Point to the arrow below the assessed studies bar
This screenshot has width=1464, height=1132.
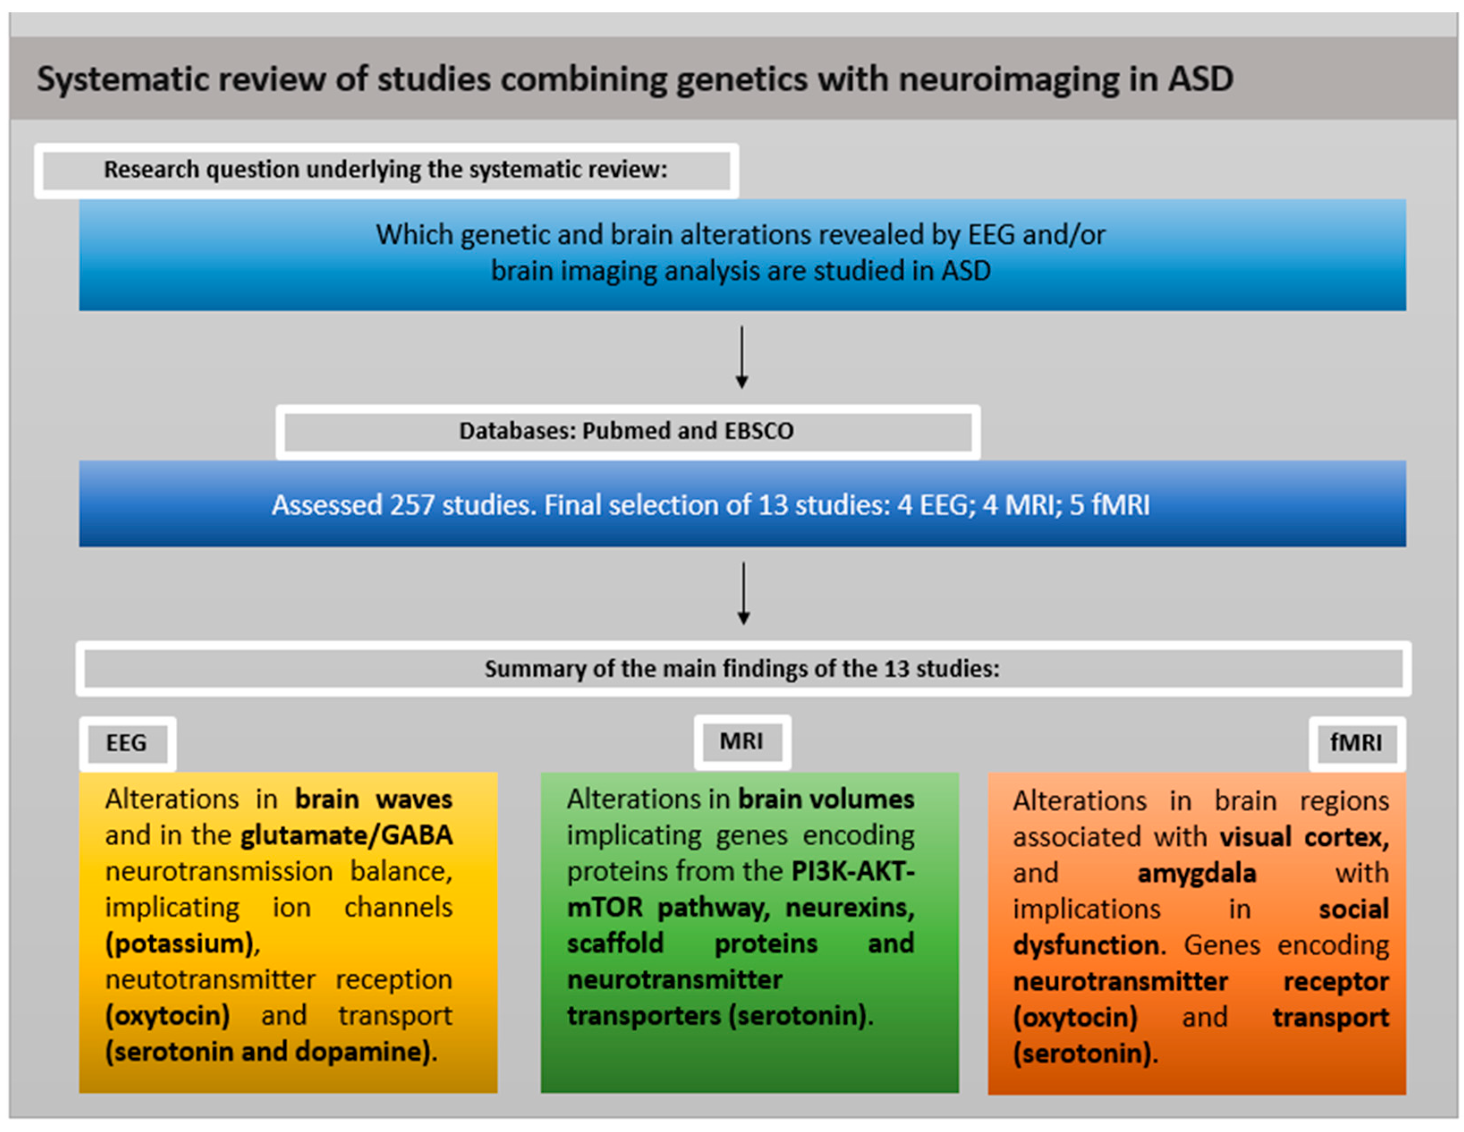point(743,593)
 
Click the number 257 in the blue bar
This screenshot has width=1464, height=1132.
point(412,505)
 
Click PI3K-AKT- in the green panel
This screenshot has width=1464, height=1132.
point(853,871)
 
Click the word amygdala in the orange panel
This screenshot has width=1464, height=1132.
point(1197,873)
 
